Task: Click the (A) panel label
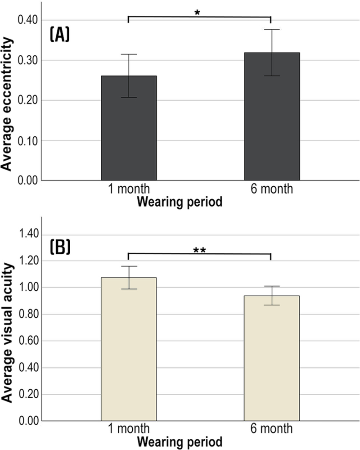click(58, 35)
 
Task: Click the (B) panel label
click(58, 248)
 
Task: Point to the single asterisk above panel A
click(197, 12)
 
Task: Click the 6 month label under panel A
click(271, 189)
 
